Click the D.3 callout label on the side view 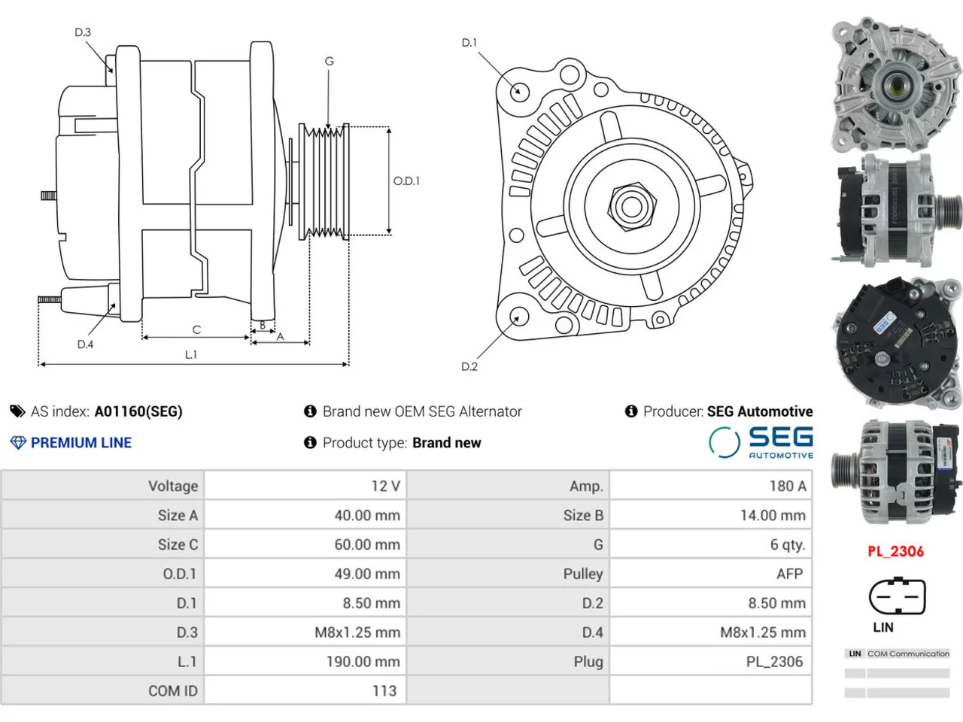pyautogui.click(x=83, y=32)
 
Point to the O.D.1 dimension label pyautogui.click(x=406, y=180)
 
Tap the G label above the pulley pyautogui.click(x=329, y=61)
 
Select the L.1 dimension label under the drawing pyautogui.click(x=191, y=354)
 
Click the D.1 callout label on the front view pyautogui.click(x=469, y=43)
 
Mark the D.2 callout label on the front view pyautogui.click(x=469, y=366)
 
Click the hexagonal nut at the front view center pyautogui.click(x=632, y=207)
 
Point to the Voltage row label pyautogui.click(x=173, y=486)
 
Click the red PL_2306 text pyautogui.click(x=895, y=551)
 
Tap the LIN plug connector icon pyautogui.click(x=898, y=596)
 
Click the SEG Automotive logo pyautogui.click(x=761, y=442)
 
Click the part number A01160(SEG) pyautogui.click(x=138, y=411)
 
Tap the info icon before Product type pyautogui.click(x=310, y=442)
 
